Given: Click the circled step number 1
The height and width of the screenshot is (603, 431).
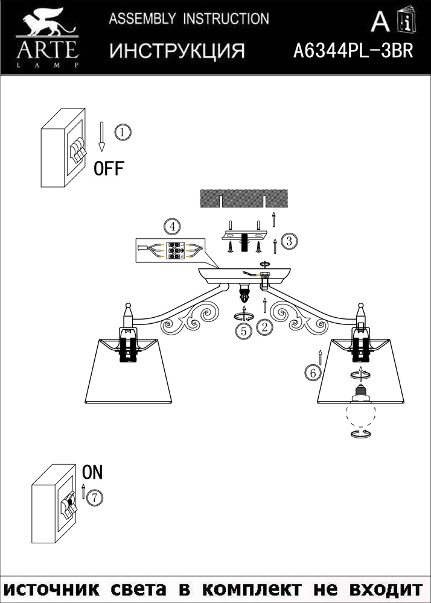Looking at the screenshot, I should pyautogui.click(x=122, y=131).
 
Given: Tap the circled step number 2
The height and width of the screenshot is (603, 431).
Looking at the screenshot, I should pyautogui.click(x=264, y=327).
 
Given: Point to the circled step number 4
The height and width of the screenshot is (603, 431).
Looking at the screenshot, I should pyautogui.click(x=172, y=227).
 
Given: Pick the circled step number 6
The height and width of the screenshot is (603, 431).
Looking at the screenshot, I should pyautogui.click(x=312, y=373).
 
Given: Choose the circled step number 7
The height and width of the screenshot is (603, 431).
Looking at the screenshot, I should pyautogui.click(x=94, y=498).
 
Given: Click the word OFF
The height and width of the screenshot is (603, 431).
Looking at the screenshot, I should pyautogui.click(x=109, y=169).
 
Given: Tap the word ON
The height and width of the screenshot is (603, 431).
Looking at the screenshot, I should pyautogui.click(x=92, y=473).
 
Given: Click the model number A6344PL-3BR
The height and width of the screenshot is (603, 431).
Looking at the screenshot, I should pyautogui.click(x=353, y=51).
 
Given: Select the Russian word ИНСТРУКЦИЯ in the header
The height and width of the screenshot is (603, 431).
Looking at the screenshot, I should pyautogui.click(x=177, y=51).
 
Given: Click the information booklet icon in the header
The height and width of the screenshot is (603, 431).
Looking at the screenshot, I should pyautogui.click(x=406, y=22).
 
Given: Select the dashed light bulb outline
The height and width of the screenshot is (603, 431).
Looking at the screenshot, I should pyautogui.click(x=361, y=415).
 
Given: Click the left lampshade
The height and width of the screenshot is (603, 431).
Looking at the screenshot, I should pyautogui.click(x=129, y=371).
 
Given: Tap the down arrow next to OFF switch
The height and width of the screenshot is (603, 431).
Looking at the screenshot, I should pyautogui.click(x=102, y=136).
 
